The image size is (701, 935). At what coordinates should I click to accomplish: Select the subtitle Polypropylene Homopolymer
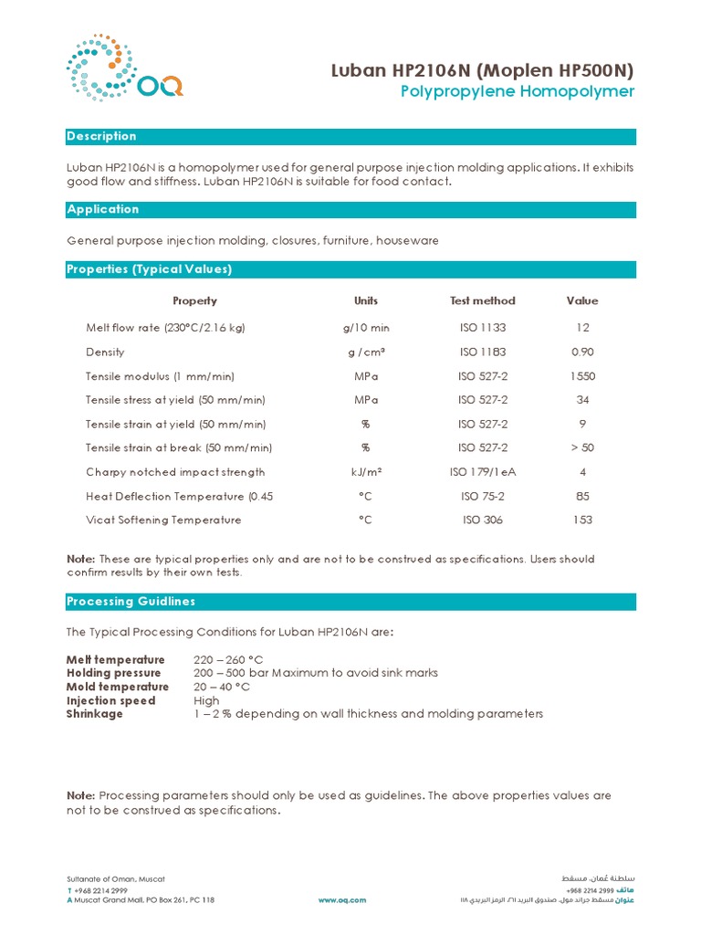click(517, 92)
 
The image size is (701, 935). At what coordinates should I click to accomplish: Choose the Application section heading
click(103, 209)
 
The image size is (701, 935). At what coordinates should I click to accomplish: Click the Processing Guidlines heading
click(131, 601)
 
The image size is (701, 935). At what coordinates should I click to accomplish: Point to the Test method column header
click(482, 300)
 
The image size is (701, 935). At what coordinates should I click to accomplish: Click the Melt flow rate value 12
click(582, 328)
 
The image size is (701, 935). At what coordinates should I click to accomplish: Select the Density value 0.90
click(581, 352)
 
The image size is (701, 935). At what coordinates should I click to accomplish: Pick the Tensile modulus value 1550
click(581, 376)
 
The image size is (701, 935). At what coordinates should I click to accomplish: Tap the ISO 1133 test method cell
click(482, 328)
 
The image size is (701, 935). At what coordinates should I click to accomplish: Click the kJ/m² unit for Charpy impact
click(365, 472)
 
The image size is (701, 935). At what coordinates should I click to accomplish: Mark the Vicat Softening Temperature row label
click(163, 520)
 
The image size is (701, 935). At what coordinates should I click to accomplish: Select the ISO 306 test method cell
click(482, 520)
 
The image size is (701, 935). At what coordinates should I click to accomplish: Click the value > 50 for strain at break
click(581, 447)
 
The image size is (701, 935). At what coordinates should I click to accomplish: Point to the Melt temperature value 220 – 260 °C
click(228, 659)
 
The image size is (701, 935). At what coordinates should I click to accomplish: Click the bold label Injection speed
click(110, 700)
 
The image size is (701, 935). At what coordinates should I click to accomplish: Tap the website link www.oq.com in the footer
click(342, 899)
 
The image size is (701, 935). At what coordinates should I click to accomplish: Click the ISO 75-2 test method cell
click(482, 496)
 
